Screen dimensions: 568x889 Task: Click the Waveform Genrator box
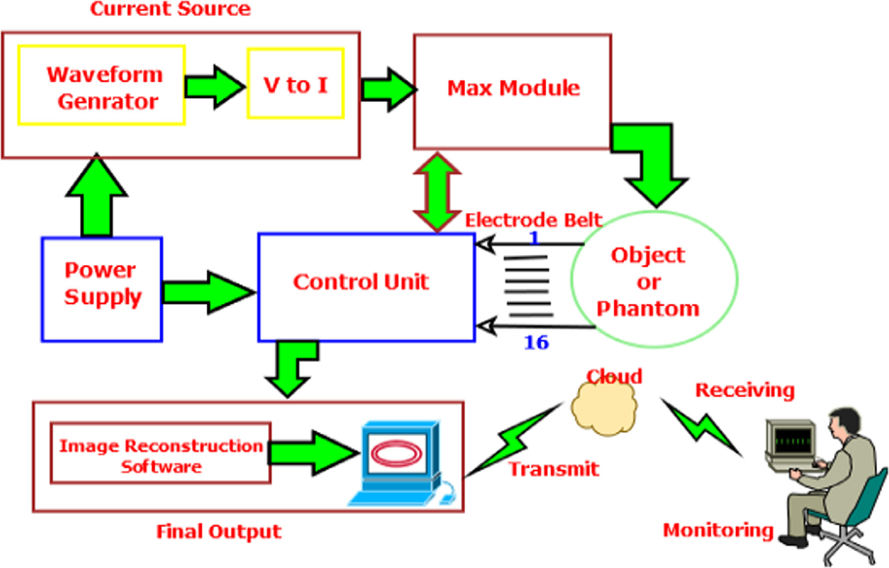click(101, 86)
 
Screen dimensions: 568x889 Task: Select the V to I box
click(295, 84)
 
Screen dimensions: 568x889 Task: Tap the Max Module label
click(513, 88)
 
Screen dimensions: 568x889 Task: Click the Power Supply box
click(102, 289)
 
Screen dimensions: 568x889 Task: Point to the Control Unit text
click(360, 282)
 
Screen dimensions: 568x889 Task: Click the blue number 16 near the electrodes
click(536, 343)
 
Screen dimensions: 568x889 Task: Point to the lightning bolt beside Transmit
click(513, 439)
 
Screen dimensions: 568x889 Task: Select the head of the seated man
click(845, 422)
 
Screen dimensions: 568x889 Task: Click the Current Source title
click(170, 8)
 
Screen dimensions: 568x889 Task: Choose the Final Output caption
click(218, 531)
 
